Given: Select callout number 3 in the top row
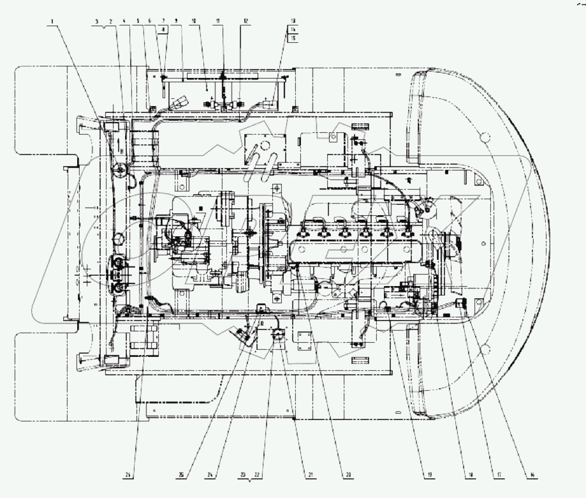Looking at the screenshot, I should click(x=96, y=21).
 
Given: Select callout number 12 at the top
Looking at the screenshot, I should click(x=245, y=21).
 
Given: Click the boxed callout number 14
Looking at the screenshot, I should click(x=293, y=29).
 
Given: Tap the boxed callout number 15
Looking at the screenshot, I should click(x=293, y=38).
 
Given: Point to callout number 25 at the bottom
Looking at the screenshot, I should click(x=182, y=475).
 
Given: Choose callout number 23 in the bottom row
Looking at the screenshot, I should click(x=244, y=475).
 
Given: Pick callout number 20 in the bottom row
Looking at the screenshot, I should click(x=348, y=475).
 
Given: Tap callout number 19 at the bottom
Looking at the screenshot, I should click(x=430, y=475).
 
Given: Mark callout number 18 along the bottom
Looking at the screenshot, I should click(x=471, y=475).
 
